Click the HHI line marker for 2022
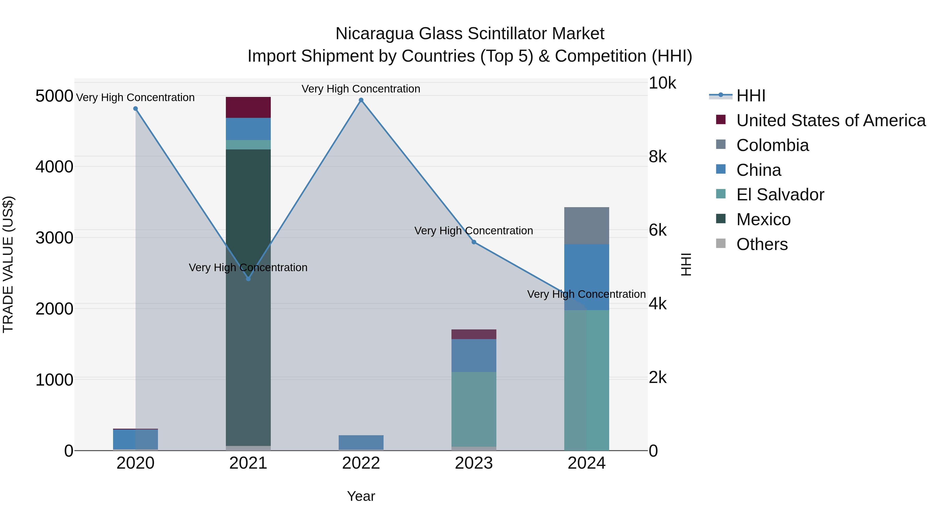pyautogui.click(x=361, y=100)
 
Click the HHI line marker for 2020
pyautogui.click(x=135, y=109)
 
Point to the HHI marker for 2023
pyautogui.click(x=474, y=242)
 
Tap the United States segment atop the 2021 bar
pyautogui.click(x=248, y=107)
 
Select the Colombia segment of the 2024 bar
pyautogui.click(x=586, y=226)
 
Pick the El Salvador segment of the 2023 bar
pyautogui.click(x=474, y=409)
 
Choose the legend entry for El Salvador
pyautogui.click(x=780, y=195)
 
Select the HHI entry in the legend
pyautogui.click(x=751, y=96)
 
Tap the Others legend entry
pyautogui.click(x=762, y=244)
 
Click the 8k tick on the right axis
pyautogui.click(x=657, y=157)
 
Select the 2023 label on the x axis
pyautogui.click(x=474, y=463)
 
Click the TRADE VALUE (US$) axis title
pyautogui.click(x=8, y=264)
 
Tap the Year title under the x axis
pyautogui.click(x=361, y=496)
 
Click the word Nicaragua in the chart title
pyautogui.click(x=374, y=34)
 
